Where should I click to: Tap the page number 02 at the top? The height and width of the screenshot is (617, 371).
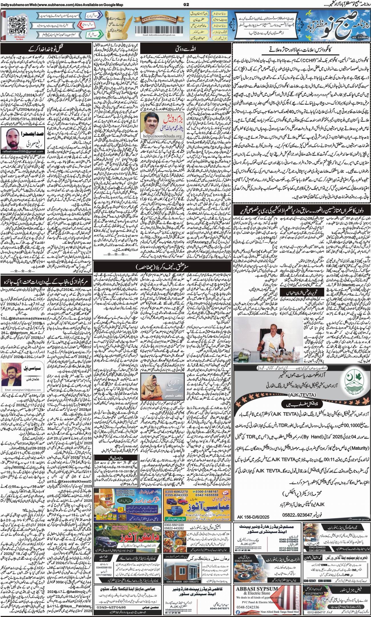pyautogui.click(x=186, y=4)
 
